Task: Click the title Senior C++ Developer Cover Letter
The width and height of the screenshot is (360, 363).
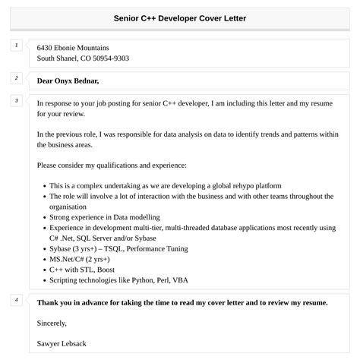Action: tap(180, 17)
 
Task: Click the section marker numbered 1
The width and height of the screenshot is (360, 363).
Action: tap(16, 46)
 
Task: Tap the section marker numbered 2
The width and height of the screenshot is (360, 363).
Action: tap(16, 77)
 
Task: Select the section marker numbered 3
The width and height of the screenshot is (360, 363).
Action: tap(16, 100)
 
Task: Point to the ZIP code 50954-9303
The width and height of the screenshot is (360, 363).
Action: tap(109, 58)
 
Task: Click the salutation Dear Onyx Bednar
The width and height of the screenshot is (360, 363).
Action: tap(68, 80)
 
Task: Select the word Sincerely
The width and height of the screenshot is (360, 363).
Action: tap(52, 323)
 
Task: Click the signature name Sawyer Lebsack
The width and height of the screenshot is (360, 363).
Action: tap(62, 343)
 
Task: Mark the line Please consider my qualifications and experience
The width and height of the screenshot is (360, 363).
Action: tap(111, 165)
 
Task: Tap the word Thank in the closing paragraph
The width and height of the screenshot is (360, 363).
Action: tap(49, 302)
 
